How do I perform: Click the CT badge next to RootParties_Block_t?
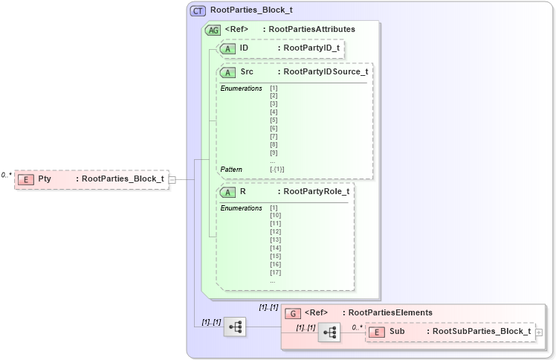[x=198, y=10]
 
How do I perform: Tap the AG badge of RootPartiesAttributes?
[x=213, y=30]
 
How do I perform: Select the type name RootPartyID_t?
[x=311, y=48]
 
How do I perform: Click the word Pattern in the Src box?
[x=231, y=170]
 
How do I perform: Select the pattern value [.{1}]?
[x=277, y=170]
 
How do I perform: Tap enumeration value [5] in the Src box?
[x=274, y=120]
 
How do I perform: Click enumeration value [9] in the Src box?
[x=274, y=152]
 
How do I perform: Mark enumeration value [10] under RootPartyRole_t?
[x=275, y=216]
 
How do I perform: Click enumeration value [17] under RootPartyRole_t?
[x=275, y=272]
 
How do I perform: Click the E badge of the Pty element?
[x=26, y=179]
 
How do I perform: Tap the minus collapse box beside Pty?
[x=172, y=179]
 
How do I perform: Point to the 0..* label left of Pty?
[x=7, y=175]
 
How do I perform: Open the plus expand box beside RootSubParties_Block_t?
[x=539, y=332]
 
